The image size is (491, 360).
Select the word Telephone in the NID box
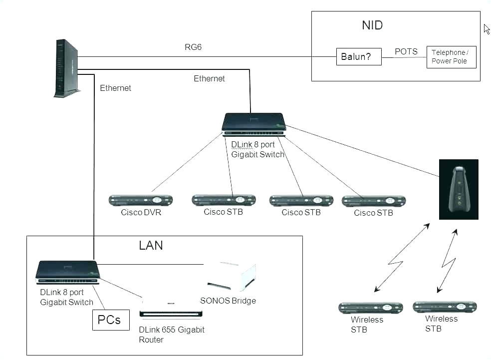pos(448,52)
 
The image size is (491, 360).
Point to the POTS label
pos(406,51)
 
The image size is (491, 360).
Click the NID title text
pos(372,25)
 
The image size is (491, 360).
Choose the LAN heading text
pos(151,246)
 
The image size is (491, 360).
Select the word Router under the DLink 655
pos(151,340)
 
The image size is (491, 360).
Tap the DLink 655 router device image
pos(171,308)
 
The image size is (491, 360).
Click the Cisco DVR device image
pos(141,201)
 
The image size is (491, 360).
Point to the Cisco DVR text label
pos(141,212)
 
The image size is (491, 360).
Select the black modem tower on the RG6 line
pos(66,69)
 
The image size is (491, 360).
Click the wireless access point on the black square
pos(459,189)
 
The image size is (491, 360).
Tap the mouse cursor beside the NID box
pos(487,29)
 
